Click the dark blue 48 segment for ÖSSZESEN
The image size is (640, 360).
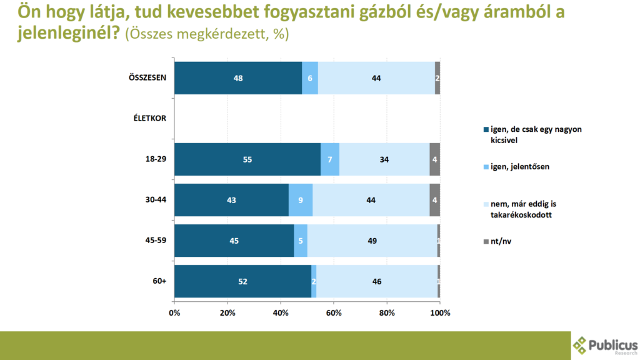click(237, 78)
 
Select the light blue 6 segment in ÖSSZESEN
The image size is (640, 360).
click(310, 78)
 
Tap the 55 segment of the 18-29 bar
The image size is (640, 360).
click(247, 159)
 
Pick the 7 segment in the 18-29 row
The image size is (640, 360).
click(330, 159)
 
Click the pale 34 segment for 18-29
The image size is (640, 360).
click(384, 159)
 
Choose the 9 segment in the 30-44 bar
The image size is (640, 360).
click(301, 200)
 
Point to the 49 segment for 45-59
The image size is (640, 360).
click(372, 241)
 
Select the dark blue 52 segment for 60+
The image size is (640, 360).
click(242, 281)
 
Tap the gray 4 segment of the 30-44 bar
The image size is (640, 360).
click(434, 200)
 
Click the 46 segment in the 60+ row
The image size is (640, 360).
click(377, 281)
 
